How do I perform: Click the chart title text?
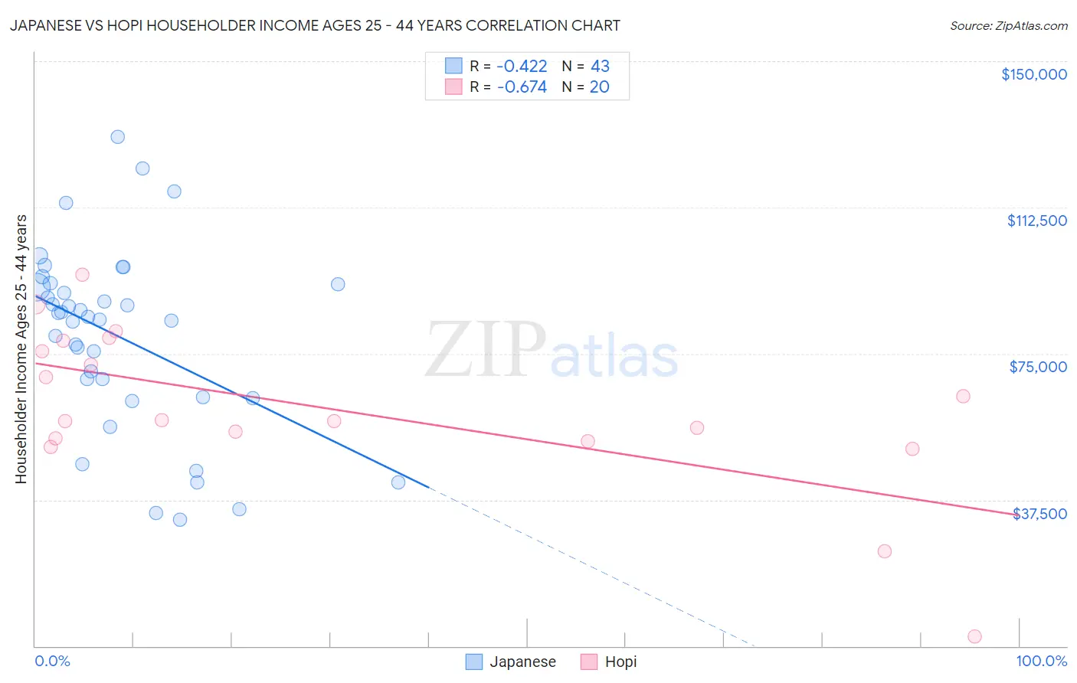(x=315, y=25)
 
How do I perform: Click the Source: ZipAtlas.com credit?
(x=1008, y=25)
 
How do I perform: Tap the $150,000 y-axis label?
(x=1033, y=74)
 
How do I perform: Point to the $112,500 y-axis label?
(x=1036, y=221)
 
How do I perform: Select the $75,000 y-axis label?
(x=1038, y=367)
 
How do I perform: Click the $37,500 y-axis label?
(x=1039, y=514)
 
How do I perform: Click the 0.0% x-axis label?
(x=53, y=661)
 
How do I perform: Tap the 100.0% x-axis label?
(x=1041, y=661)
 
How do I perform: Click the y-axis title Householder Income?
(x=21, y=348)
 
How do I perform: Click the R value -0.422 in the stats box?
(x=522, y=67)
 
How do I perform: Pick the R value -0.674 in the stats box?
(x=522, y=87)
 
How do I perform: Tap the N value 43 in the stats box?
(x=600, y=67)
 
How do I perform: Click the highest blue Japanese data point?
(x=118, y=137)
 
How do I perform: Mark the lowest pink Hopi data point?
(x=974, y=636)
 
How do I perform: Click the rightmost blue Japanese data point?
(x=398, y=482)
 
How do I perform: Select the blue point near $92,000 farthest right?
(x=338, y=284)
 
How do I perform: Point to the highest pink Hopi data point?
(x=82, y=275)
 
